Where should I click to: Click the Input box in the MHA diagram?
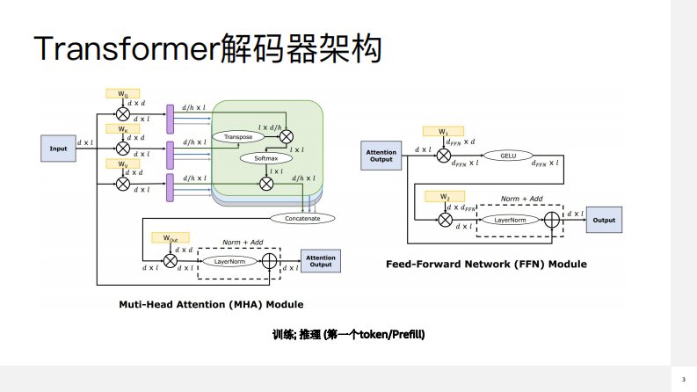pos(57,148)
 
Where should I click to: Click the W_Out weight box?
pos(168,238)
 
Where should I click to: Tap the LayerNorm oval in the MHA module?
pos(229,261)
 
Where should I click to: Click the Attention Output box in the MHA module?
pos(321,261)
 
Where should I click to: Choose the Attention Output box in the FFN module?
pos(381,156)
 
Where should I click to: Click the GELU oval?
pos(507,156)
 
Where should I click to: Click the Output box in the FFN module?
pos(604,220)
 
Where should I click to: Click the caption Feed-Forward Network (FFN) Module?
pos(486,264)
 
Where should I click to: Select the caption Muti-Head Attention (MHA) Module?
pos(211,304)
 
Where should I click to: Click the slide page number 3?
pos(683,379)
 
